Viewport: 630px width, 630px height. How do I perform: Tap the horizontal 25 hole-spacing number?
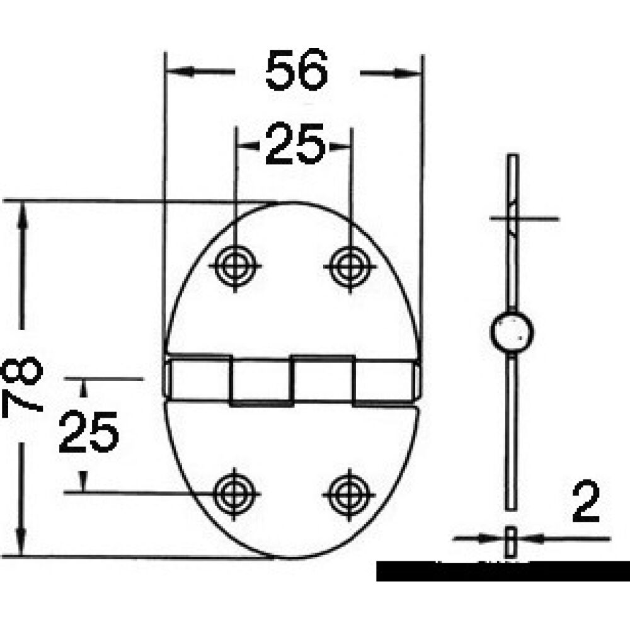(x=294, y=145)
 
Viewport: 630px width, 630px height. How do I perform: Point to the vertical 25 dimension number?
(x=89, y=432)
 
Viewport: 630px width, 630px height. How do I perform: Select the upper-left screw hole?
(x=235, y=265)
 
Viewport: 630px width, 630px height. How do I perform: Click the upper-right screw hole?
(x=350, y=265)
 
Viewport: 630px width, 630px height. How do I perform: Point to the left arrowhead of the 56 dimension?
(x=177, y=72)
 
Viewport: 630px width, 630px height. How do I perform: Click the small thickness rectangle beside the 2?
(x=512, y=541)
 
